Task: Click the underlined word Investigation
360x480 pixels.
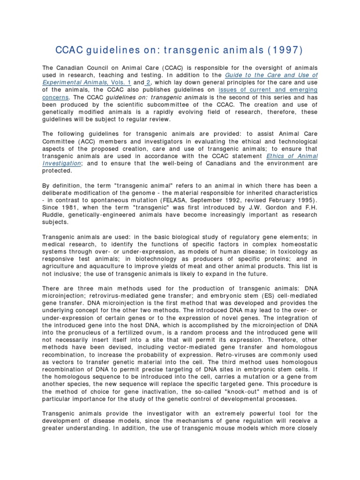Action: point(61,164)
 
